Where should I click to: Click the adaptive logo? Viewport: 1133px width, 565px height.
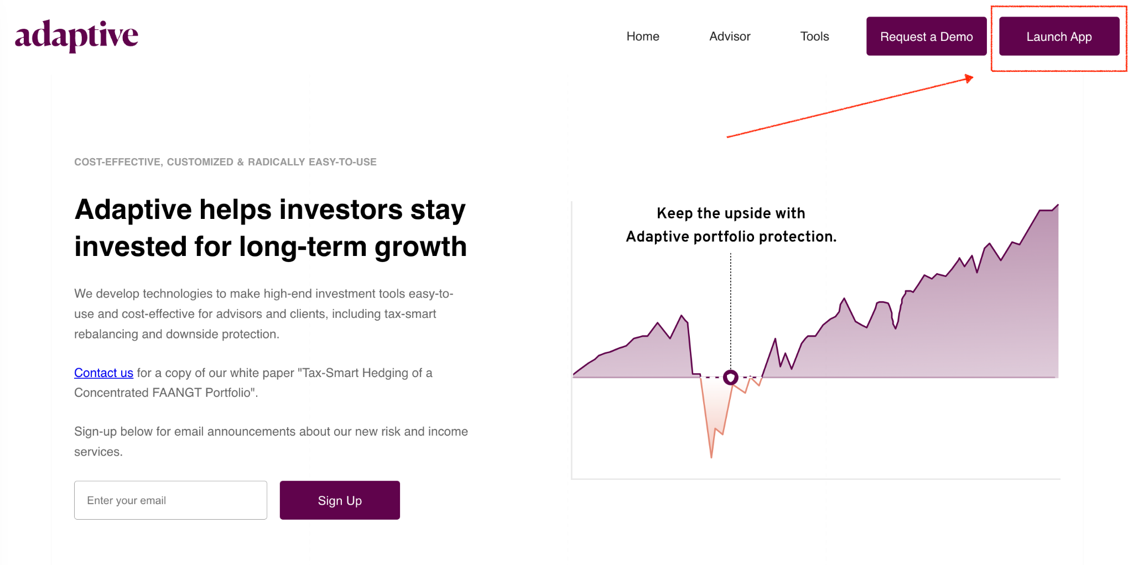coord(76,36)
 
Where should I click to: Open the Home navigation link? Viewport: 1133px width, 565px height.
coord(643,36)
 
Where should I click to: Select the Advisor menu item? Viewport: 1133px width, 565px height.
coord(730,36)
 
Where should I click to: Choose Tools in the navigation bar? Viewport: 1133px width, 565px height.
coord(814,36)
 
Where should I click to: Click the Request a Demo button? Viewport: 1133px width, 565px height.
coord(926,36)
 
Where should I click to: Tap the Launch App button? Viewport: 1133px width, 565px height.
coord(1059,36)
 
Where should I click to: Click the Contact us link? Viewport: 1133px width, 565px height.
coord(103,373)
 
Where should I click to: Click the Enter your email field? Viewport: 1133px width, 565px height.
coord(170,500)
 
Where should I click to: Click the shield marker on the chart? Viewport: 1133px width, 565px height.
coord(730,378)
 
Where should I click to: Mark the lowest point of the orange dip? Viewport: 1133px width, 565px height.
coord(711,457)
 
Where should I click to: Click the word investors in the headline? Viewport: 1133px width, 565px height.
coord(340,210)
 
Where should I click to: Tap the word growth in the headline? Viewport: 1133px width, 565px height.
coord(420,247)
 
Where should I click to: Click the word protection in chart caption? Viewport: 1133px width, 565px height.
coord(797,237)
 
